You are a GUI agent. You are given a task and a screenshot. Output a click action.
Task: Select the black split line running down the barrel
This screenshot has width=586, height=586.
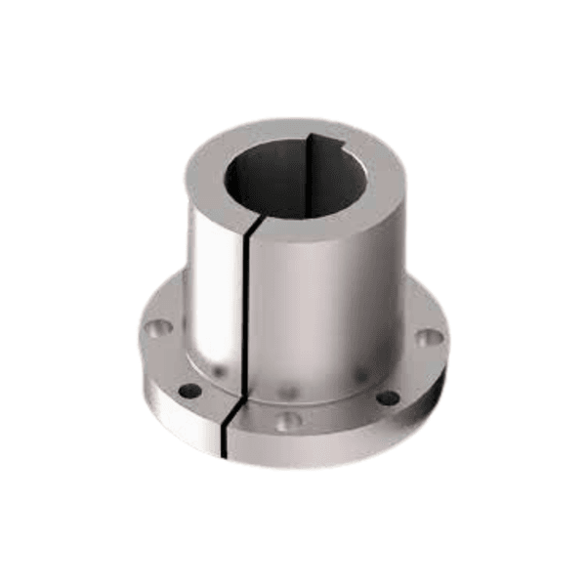[x=246, y=313]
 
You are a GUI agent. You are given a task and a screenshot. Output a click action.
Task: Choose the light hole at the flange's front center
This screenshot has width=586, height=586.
[x=287, y=422]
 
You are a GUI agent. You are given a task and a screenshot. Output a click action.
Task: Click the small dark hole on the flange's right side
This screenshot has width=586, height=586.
[x=388, y=398]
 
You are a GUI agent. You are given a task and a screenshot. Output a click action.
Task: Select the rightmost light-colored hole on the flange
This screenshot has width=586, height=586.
[x=430, y=338]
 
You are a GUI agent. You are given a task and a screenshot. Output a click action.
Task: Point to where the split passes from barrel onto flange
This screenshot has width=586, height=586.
[x=238, y=387]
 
